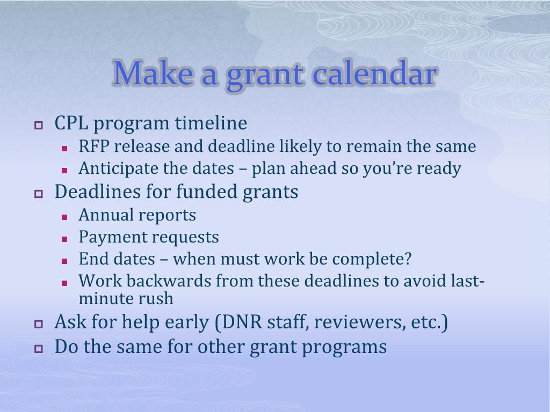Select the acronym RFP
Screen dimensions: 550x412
click(93, 146)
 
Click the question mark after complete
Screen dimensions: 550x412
click(408, 259)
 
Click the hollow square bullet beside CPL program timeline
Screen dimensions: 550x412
click(39, 125)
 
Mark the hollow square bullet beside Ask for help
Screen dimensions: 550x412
click(39, 324)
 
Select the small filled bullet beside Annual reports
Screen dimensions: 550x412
click(64, 217)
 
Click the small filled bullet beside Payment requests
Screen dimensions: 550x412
click(64, 240)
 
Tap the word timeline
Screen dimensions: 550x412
click(211, 123)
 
